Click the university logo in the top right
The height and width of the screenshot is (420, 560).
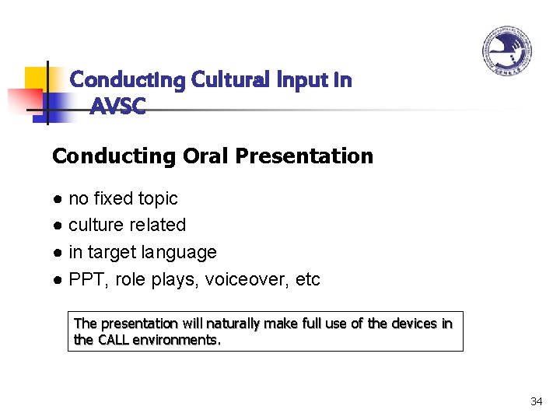[x=506, y=51]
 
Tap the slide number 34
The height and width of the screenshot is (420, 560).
[x=536, y=401]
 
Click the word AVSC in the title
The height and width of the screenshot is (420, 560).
[x=117, y=107]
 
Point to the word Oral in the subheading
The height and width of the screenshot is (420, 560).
[x=205, y=156]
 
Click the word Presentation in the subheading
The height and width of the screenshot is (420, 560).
[x=304, y=156]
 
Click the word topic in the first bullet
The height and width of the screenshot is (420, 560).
[x=158, y=199]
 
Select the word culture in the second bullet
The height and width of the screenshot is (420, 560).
[x=96, y=226]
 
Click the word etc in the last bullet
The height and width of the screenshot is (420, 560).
[x=308, y=279]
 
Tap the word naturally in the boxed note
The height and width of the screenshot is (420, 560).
[x=227, y=324]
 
